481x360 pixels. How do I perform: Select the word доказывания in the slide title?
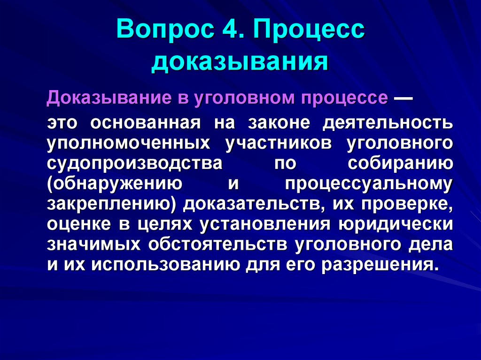(240, 62)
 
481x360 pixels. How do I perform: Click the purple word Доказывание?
(105, 98)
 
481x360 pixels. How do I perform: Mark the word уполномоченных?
(128, 144)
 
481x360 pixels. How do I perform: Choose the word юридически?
(395, 225)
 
